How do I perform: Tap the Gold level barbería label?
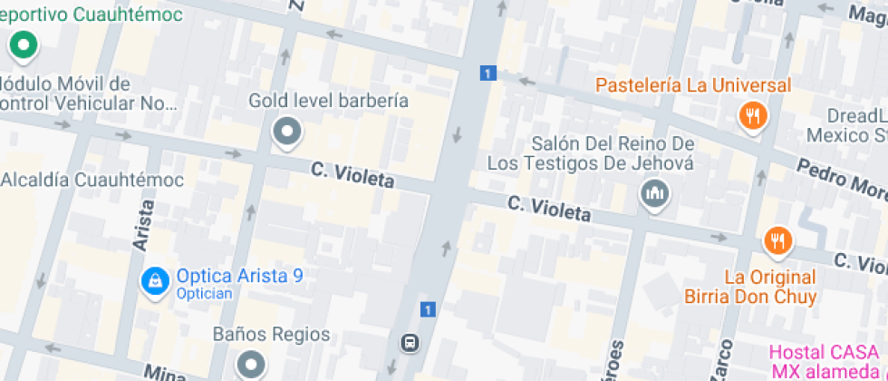(328, 101)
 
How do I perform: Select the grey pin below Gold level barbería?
(287, 132)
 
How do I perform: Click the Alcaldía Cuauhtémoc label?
(92, 180)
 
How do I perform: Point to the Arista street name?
(142, 223)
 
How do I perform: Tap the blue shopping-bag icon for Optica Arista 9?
(155, 280)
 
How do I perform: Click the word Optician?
(205, 293)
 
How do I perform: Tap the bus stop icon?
(410, 342)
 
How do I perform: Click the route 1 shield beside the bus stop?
(428, 309)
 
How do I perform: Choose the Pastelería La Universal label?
(693, 85)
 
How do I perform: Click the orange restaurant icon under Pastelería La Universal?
(753, 115)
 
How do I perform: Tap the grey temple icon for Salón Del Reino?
(653, 193)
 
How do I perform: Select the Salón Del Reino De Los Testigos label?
(590, 153)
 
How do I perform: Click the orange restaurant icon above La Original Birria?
(777, 240)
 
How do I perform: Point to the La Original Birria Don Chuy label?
(770, 287)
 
